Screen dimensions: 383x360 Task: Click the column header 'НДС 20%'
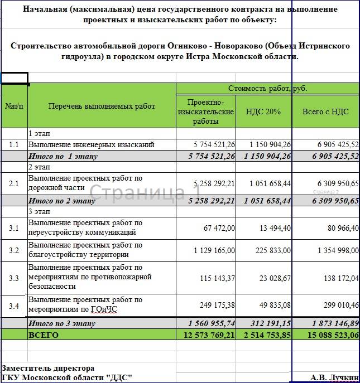[x=263, y=111]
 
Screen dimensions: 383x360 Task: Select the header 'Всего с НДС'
[x=325, y=111]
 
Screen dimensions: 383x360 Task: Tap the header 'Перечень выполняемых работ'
[x=102, y=106]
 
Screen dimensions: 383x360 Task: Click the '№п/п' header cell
[x=14, y=106]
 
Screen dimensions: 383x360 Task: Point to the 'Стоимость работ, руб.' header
[x=268, y=89]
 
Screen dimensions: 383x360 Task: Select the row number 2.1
[x=14, y=183]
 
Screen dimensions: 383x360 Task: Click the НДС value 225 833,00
[x=272, y=250]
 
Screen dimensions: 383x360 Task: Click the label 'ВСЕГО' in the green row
[x=43, y=334]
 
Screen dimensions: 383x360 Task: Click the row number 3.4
[x=14, y=305]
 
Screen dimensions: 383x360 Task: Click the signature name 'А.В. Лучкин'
[x=334, y=378]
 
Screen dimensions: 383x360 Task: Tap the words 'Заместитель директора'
[x=48, y=369]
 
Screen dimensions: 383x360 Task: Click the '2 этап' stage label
[x=39, y=167]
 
